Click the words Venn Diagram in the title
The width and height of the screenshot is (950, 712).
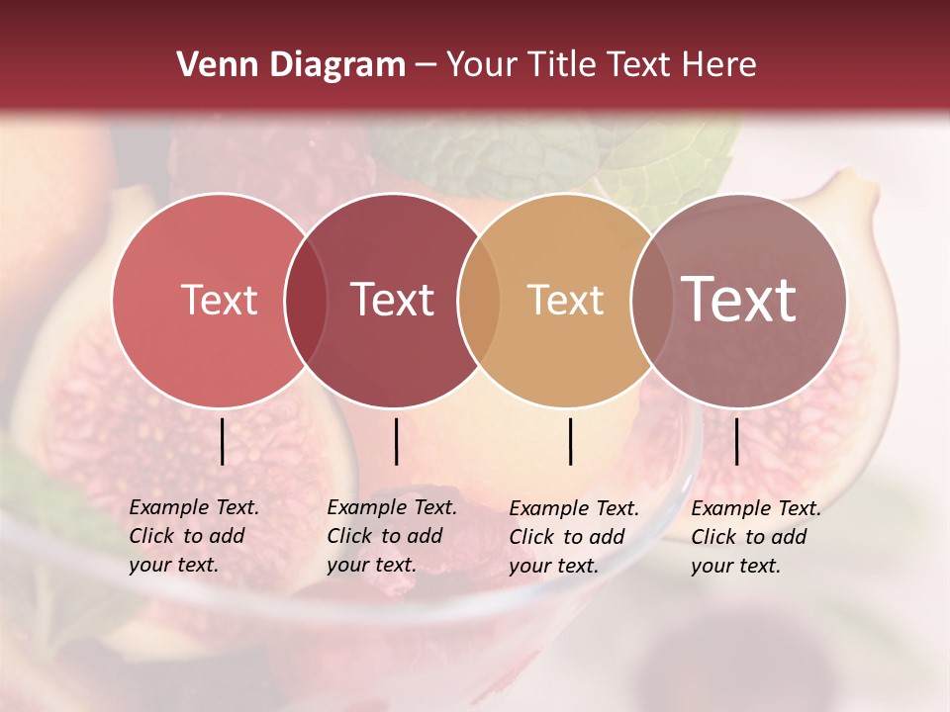tap(291, 65)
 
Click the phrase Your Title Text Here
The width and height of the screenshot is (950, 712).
tap(601, 65)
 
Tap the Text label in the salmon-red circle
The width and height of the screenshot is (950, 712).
tap(219, 300)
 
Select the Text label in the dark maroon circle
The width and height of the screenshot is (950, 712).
tap(393, 300)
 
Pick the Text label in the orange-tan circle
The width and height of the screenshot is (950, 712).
tap(565, 300)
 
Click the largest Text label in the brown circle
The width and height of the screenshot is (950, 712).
tap(739, 299)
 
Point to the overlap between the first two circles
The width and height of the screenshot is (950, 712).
tap(306, 301)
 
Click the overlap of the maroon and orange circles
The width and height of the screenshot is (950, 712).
tap(479, 301)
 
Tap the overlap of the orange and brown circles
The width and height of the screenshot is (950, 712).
tap(650, 301)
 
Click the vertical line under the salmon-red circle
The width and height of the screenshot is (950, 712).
tap(223, 441)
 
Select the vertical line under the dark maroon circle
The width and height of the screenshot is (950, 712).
tap(396, 441)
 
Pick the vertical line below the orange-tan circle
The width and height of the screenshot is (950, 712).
tap(571, 441)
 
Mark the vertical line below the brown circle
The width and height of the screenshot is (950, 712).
tap(737, 441)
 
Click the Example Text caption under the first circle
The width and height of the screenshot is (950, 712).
tap(193, 536)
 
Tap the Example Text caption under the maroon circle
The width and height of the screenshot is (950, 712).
tap(391, 536)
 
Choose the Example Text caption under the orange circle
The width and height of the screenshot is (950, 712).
tap(573, 537)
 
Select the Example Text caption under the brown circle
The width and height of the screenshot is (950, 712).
tap(755, 537)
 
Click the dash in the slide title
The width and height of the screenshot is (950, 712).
tap(426, 66)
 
